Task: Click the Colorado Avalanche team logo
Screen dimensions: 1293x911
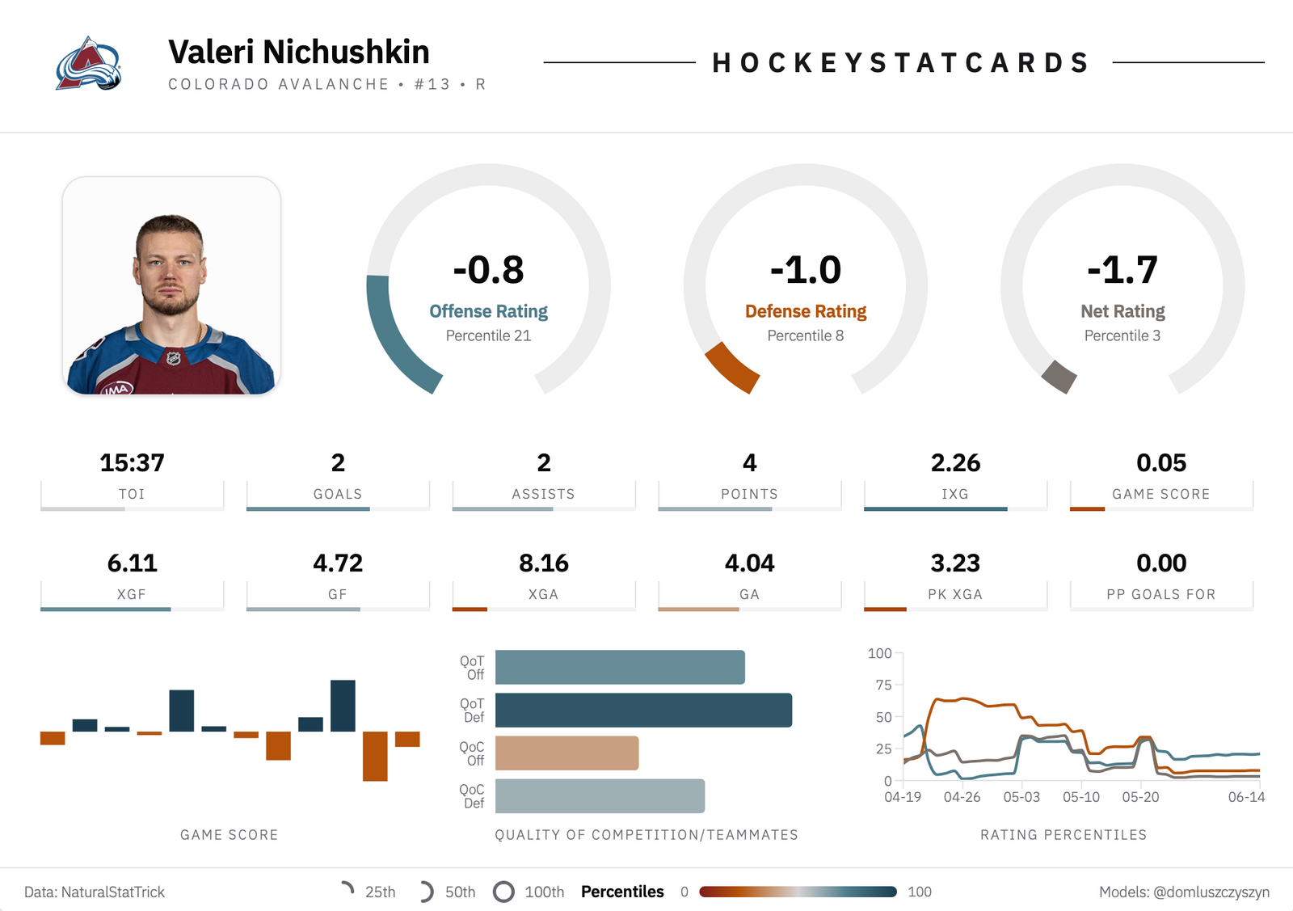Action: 88,64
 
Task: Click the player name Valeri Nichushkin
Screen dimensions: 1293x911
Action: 299,52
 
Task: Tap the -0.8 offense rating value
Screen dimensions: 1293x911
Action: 488,270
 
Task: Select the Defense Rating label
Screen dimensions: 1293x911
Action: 805,311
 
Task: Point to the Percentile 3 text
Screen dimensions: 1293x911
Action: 1122,335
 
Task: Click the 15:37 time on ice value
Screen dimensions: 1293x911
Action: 133,462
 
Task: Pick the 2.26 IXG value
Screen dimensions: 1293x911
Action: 955,462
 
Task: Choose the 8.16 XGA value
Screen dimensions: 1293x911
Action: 544,563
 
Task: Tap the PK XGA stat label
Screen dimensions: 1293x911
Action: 955,594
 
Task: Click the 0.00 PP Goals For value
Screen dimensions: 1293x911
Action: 1161,563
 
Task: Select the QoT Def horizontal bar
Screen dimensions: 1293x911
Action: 643,710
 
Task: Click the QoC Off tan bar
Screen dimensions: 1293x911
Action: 566,753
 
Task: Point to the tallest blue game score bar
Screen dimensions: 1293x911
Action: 343,706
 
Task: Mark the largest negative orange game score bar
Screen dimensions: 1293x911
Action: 375,757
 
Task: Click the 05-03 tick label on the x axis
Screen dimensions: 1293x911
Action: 1021,797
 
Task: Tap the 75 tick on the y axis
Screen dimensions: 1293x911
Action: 884,685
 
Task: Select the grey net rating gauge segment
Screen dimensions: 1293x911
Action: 1059,377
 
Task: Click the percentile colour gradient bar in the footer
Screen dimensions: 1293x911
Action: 798,892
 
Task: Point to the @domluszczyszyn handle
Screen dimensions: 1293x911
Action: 1211,892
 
